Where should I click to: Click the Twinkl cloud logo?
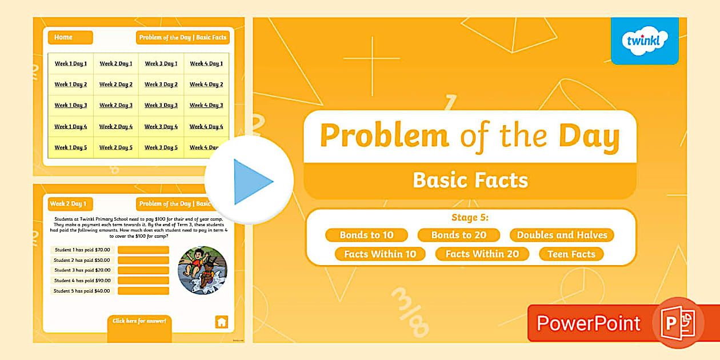645,41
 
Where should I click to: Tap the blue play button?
250,181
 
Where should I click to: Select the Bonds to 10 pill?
366,235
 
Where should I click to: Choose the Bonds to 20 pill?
458,235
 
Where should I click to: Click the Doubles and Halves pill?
562,235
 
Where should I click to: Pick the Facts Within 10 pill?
380,254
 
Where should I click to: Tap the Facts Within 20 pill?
482,254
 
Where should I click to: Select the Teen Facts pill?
571,254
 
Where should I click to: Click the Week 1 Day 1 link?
71,63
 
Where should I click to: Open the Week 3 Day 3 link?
161,105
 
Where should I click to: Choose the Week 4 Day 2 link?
206,85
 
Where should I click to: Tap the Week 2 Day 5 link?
116,147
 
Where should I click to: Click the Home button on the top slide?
70,37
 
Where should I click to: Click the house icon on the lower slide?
222,322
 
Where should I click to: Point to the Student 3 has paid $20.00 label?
82,270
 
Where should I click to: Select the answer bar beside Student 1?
143,250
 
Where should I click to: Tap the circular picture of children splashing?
202,270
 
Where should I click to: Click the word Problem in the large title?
384,136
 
